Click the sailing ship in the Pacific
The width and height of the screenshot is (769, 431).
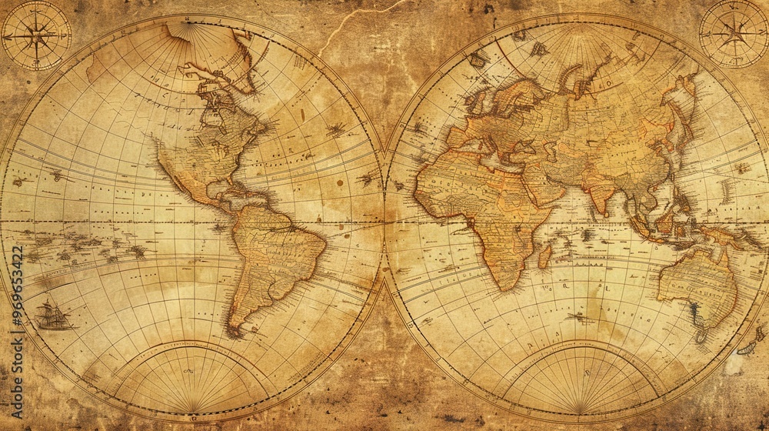click(x=52, y=316)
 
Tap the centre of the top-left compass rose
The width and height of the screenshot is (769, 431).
click(x=36, y=35)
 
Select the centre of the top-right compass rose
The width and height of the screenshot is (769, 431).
click(x=734, y=33)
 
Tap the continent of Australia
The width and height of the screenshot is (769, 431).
click(x=696, y=285)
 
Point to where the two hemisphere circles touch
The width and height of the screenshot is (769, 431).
click(x=383, y=219)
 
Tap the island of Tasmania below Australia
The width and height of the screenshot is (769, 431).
click(x=701, y=336)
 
